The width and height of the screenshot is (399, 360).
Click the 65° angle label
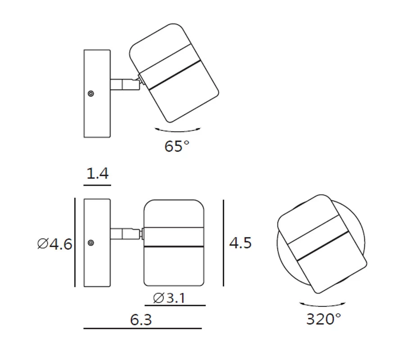[x=177, y=146]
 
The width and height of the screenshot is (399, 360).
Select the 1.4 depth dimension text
[x=97, y=174]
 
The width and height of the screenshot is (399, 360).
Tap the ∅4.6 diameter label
[x=55, y=244]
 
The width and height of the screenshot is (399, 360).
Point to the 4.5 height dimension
[x=240, y=243]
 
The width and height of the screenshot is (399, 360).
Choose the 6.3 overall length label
[x=141, y=320]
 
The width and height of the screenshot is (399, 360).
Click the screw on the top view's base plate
[x=91, y=94]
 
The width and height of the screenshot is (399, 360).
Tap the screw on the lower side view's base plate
[x=91, y=243]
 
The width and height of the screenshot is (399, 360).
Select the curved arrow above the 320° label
[x=323, y=304]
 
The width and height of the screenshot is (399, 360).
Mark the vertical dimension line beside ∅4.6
[x=75, y=243]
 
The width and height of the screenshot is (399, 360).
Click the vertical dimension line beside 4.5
[x=223, y=243]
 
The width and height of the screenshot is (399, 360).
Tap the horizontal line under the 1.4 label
[x=97, y=184]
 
